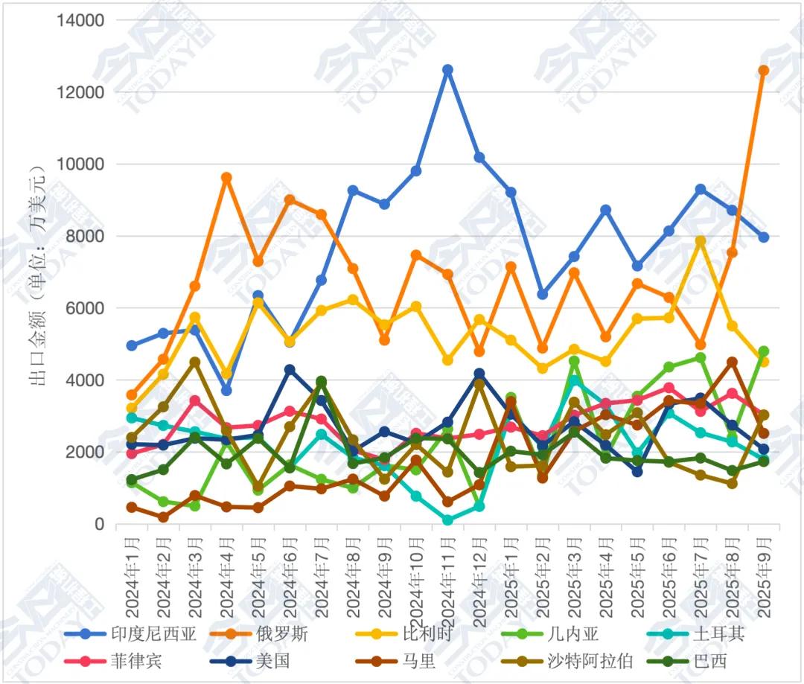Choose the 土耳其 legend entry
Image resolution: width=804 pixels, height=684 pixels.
click(718, 634)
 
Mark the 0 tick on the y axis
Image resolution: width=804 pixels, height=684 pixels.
click(98, 524)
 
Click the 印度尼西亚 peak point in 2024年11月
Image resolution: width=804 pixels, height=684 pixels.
click(447, 70)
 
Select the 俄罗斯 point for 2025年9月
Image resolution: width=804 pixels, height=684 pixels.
click(763, 71)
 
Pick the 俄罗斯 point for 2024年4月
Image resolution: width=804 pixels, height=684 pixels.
click(226, 178)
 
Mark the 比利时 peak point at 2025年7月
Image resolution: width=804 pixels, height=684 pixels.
click(701, 241)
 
